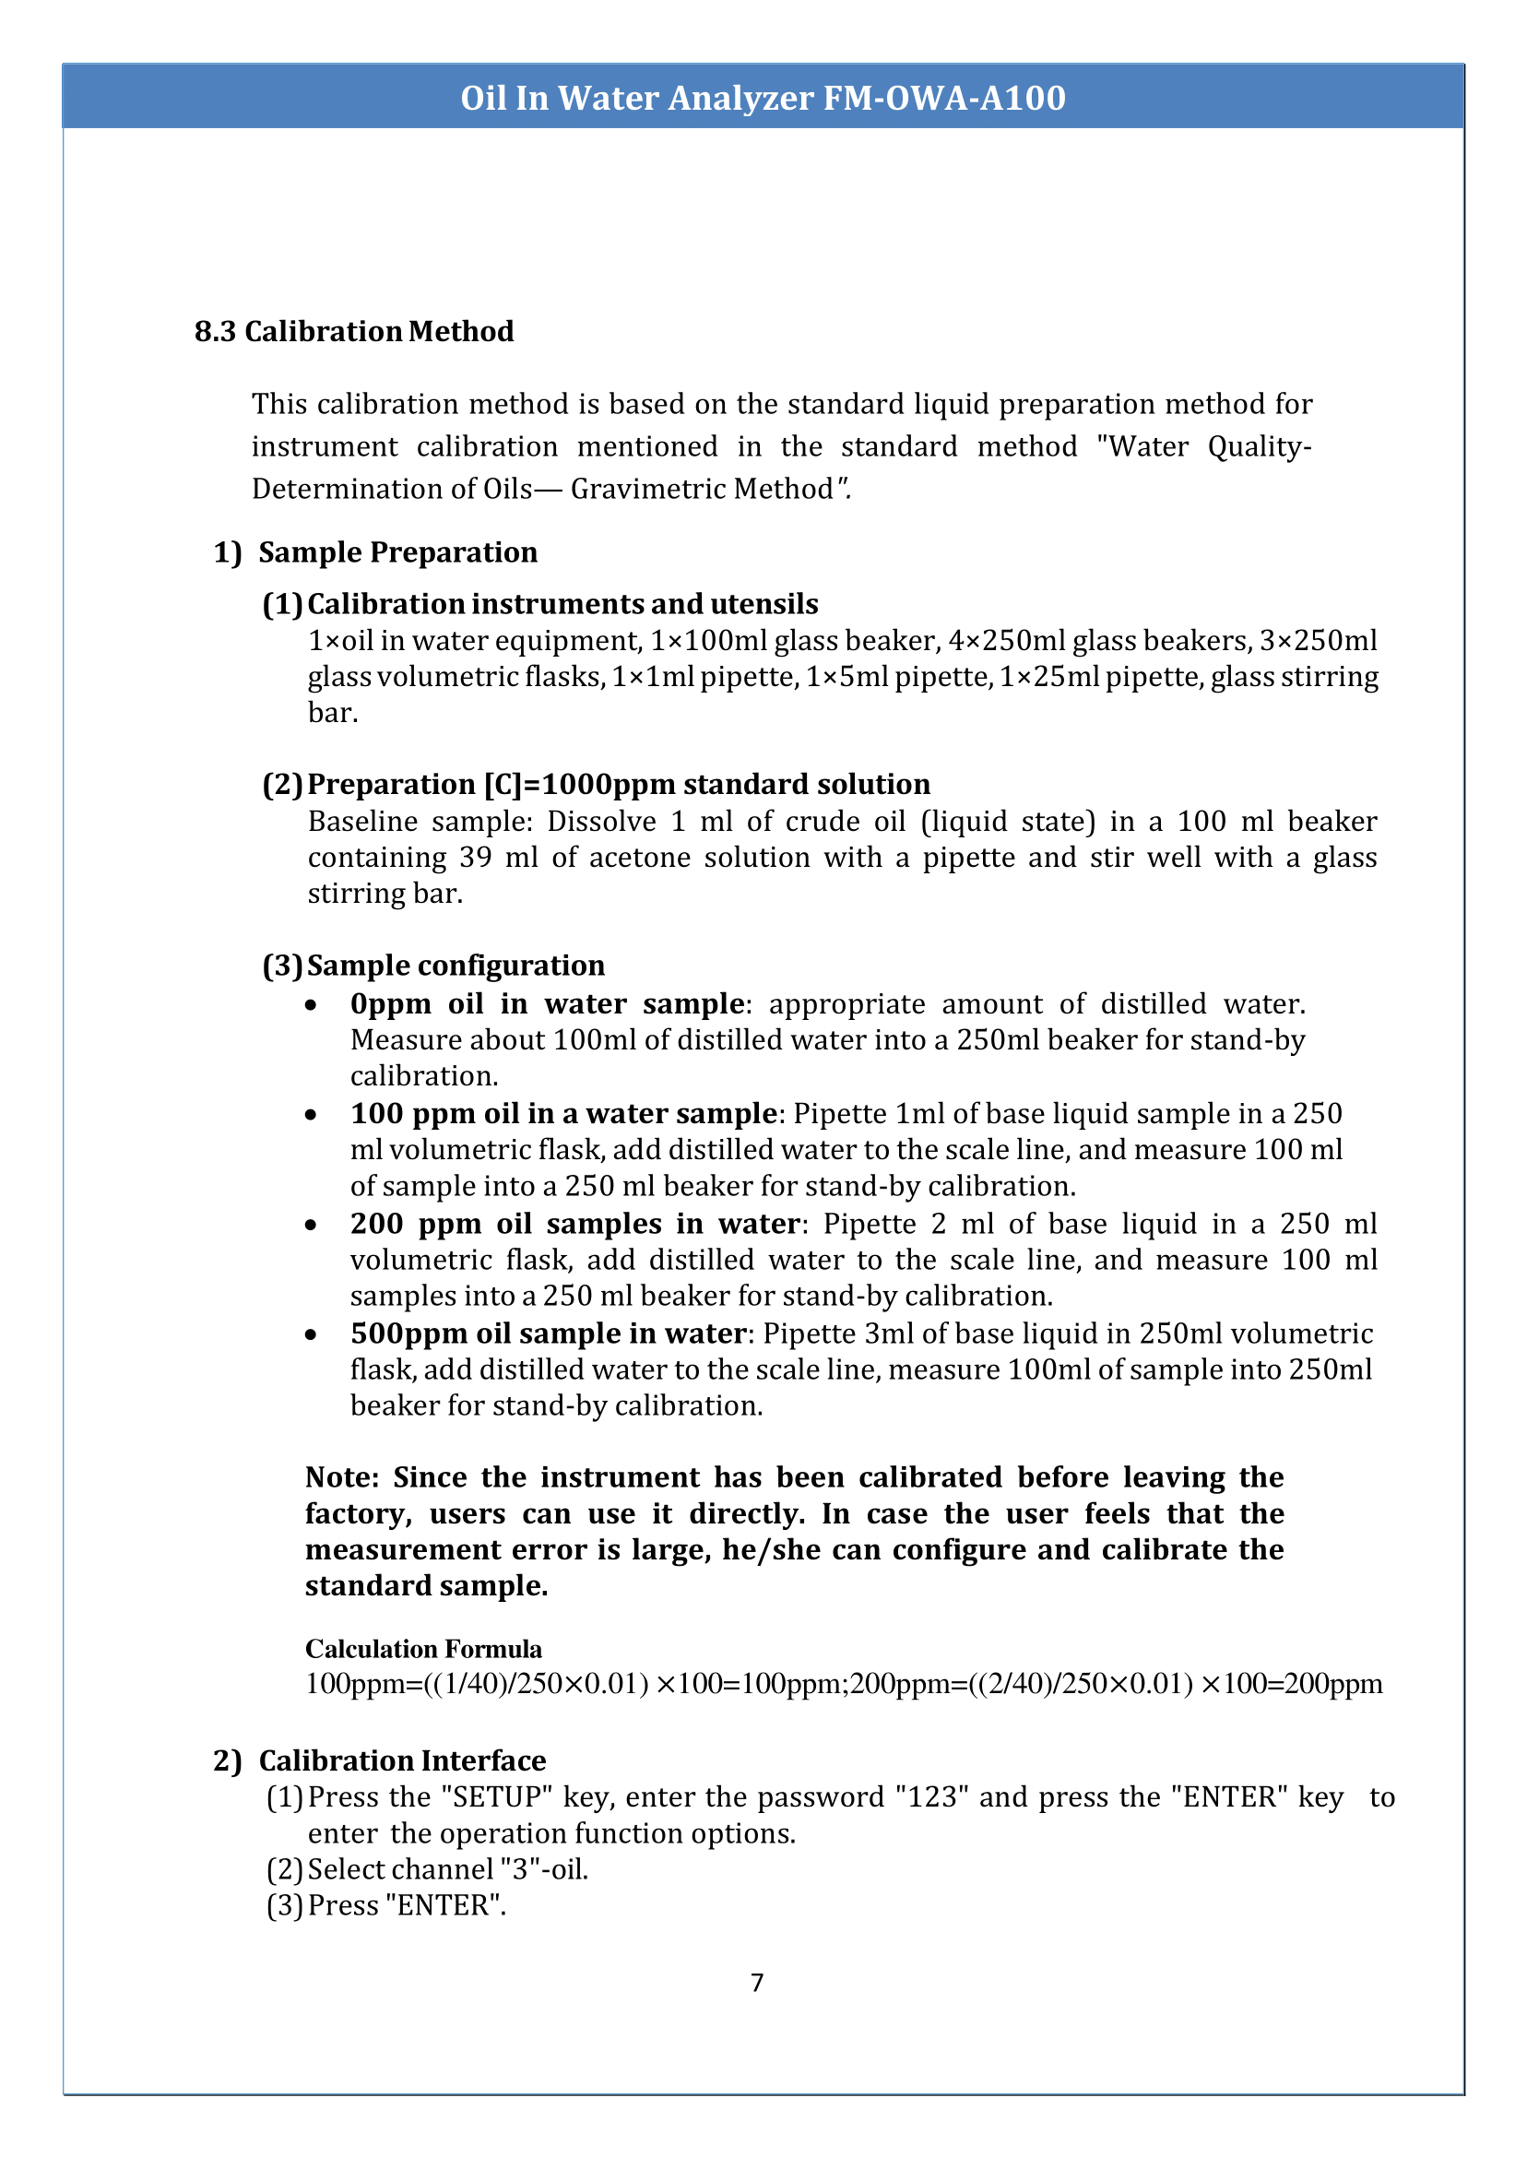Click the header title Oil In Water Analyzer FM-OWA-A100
pos(763,98)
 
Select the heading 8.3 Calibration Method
pos(353,331)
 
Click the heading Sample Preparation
pos(397,552)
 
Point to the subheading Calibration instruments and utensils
pos(562,604)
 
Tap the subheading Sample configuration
pos(456,966)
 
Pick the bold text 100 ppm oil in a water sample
pos(563,1113)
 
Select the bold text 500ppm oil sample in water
pos(548,1333)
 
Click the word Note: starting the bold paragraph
pos(342,1478)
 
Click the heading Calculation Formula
pos(423,1649)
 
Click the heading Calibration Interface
pos(402,1760)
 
